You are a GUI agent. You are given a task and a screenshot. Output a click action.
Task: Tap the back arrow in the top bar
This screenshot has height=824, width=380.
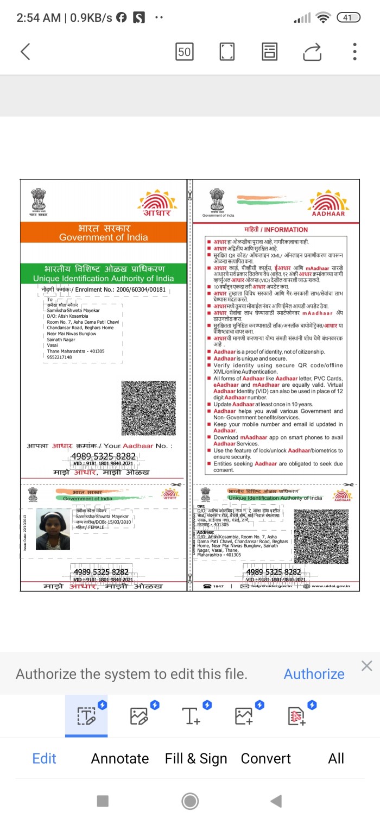25,52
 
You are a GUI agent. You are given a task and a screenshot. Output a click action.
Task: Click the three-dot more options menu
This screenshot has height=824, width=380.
354,52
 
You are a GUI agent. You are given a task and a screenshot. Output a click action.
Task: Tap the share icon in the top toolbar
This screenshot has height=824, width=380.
312,52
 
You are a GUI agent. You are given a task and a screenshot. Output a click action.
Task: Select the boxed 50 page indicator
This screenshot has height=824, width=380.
185,52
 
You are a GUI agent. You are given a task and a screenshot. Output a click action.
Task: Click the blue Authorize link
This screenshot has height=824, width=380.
314,674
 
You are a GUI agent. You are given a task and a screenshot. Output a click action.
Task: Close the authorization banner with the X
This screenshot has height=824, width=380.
367,666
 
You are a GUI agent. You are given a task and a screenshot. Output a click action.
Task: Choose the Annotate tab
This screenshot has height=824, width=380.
120,758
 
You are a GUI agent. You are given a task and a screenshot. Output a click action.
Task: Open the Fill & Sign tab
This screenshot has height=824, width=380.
196,758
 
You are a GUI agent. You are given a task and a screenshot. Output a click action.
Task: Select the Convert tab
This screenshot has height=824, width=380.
266,758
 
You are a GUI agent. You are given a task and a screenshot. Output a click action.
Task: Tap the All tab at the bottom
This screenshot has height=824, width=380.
336,758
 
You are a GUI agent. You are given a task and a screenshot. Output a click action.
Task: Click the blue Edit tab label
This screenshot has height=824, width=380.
45,758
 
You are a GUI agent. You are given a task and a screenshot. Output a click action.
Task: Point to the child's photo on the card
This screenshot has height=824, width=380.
53,529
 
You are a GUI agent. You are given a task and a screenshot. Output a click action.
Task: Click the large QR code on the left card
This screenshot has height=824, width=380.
148,407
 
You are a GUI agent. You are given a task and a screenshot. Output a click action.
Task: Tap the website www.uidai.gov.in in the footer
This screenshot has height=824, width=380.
331,586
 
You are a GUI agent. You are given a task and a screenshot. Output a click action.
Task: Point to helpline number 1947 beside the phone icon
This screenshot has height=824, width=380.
218,586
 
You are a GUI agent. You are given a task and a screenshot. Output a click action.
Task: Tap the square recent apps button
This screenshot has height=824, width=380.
103,801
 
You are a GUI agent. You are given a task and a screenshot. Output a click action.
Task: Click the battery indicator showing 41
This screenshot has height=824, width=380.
348,17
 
